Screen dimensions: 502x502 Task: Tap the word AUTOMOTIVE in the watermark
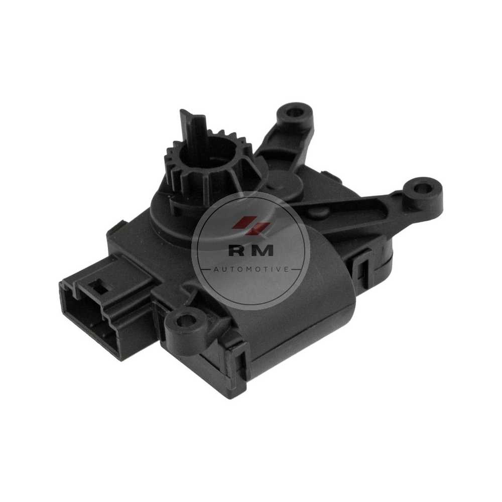coord(250,270)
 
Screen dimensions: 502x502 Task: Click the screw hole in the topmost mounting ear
coord(293,112)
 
